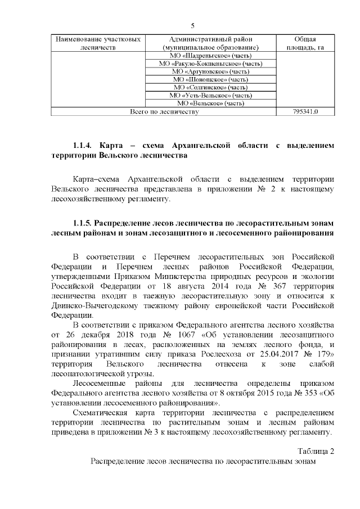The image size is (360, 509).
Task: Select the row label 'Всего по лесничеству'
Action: (x=165, y=112)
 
